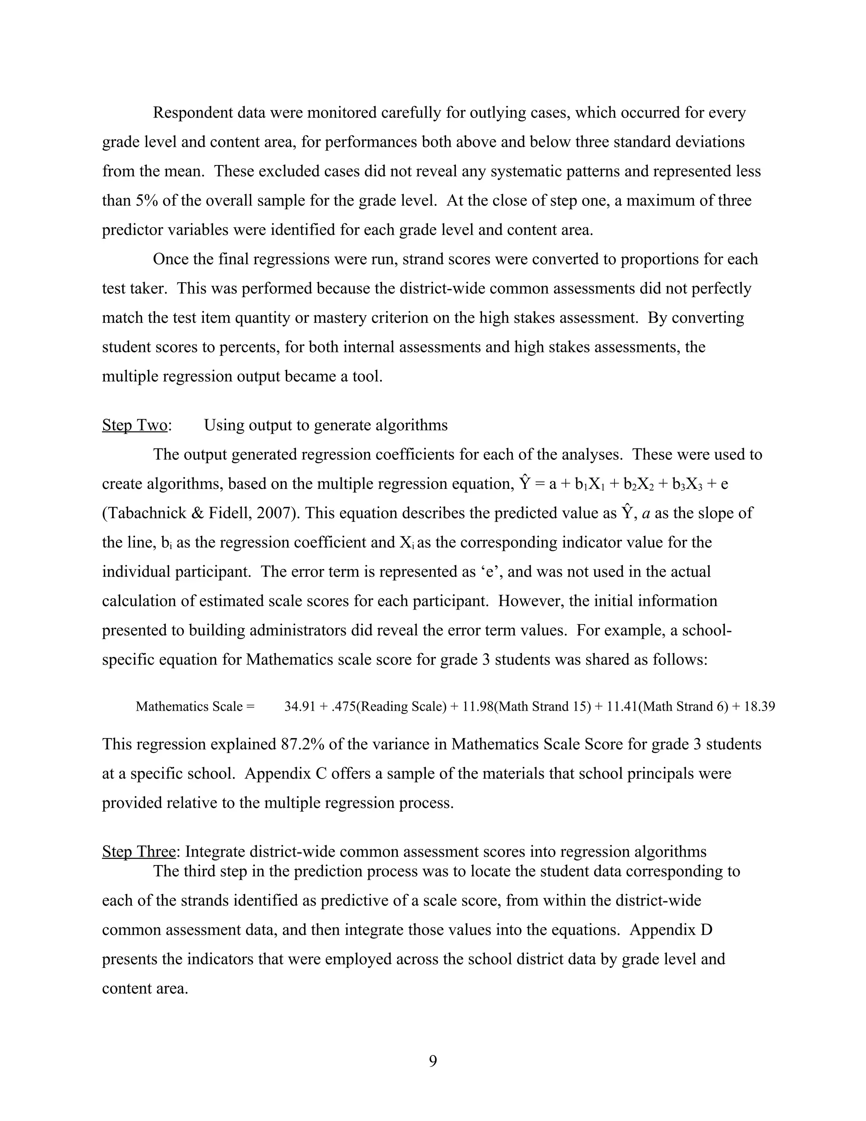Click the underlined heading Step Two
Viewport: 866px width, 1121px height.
coord(134,425)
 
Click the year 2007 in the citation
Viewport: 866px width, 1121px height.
coord(272,513)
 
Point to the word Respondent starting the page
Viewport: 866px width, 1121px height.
coord(193,113)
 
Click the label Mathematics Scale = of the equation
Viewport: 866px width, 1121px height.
coord(195,706)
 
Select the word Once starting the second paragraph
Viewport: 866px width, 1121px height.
coord(171,259)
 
